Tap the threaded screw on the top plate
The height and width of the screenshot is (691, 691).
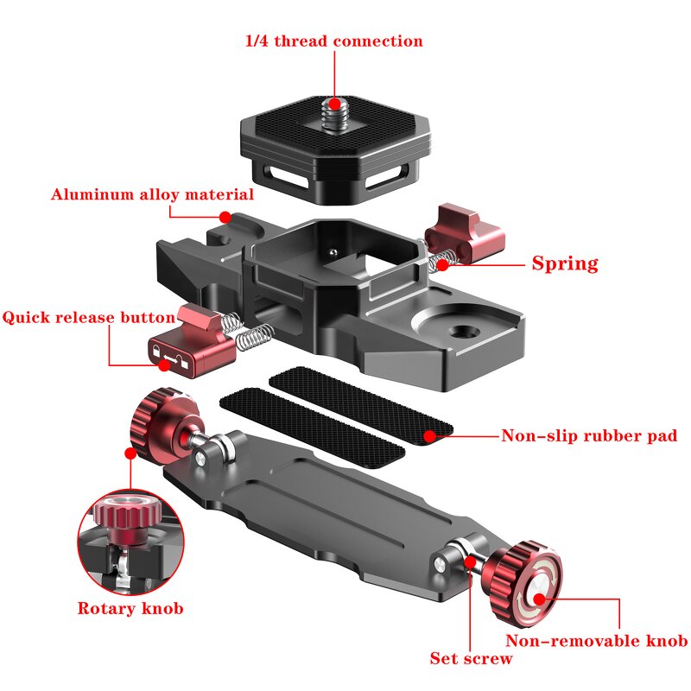pyautogui.click(x=333, y=113)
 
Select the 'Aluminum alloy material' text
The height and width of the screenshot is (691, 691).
pyautogui.click(x=153, y=194)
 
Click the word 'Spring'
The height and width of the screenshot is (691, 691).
pyautogui.click(x=564, y=263)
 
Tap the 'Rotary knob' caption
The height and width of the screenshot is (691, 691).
pyautogui.click(x=130, y=608)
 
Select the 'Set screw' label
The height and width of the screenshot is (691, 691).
pyautogui.click(x=471, y=658)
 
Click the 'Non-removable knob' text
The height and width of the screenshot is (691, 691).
pyautogui.click(x=596, y=640)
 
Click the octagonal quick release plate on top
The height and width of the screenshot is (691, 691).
pyautogui.click(x=334, y=147)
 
